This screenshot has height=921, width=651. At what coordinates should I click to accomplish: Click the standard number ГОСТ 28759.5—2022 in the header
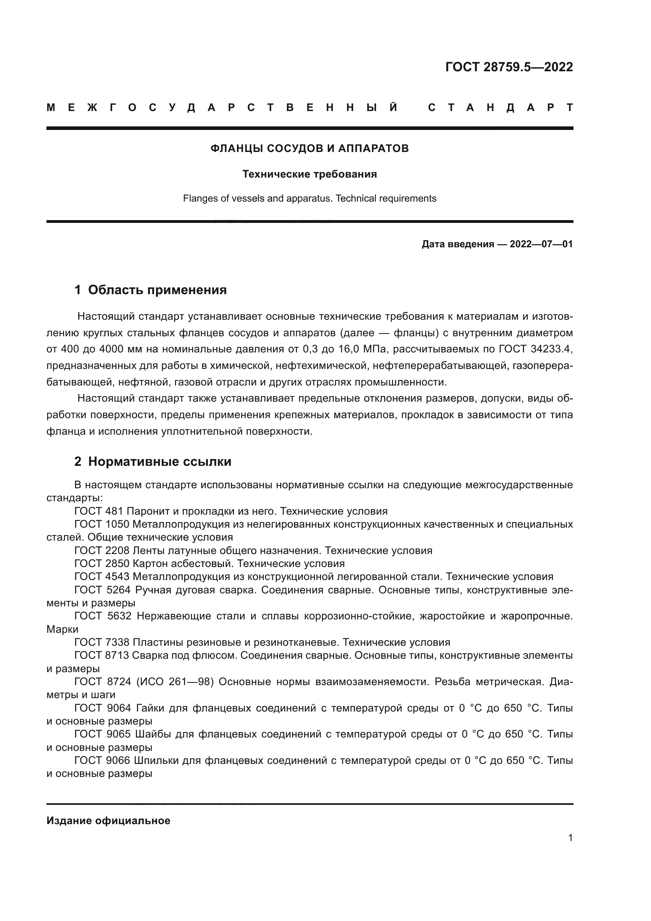509,67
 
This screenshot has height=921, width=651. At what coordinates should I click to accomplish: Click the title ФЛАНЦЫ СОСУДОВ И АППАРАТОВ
309,148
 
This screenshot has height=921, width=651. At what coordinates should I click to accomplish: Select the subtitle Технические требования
309,174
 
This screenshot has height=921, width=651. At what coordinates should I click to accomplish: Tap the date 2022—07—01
541,244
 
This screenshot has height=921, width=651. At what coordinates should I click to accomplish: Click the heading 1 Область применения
151,290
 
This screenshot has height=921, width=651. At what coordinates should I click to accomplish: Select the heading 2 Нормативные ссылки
153,462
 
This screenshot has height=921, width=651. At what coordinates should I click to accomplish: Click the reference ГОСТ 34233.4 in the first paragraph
535,349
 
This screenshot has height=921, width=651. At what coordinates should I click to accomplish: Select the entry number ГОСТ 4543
102,577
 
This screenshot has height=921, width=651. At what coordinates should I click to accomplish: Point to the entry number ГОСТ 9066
102,761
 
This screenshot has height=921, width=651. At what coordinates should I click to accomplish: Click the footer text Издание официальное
108,821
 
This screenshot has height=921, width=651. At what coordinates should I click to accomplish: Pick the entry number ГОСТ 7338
102,643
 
